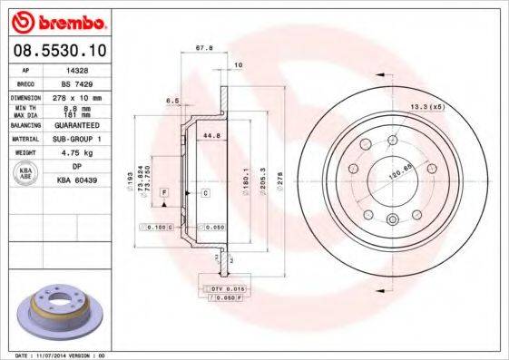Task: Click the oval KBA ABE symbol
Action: tap(26, 174)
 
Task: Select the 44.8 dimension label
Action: tap(212, 136)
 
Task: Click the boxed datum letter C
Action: tap(205, 193)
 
